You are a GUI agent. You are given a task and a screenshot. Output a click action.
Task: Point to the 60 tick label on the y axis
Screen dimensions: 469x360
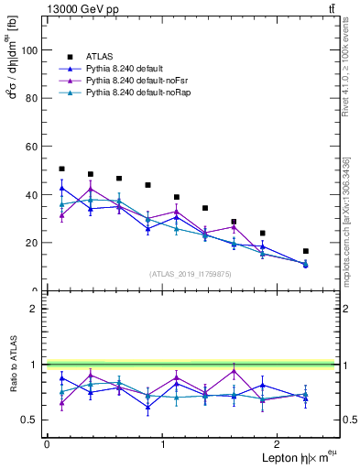(x=31, y=147)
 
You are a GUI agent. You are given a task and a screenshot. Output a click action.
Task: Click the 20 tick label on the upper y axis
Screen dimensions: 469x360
(x=31, y=243)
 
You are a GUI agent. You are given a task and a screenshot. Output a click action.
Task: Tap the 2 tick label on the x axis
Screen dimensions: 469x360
(x=279, y=443)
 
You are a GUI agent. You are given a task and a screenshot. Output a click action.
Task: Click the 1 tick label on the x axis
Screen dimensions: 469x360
(x=163, y=443)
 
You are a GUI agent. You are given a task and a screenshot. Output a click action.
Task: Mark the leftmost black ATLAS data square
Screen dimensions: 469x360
(x=61, y=169)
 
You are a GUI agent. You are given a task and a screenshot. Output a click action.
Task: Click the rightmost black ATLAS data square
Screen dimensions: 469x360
(x=305, y=251)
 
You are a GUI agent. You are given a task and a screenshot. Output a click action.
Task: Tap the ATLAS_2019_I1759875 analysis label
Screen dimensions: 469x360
(x=190, y=273)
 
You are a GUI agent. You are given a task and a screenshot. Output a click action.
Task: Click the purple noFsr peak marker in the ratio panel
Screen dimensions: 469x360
(x=235, y=371)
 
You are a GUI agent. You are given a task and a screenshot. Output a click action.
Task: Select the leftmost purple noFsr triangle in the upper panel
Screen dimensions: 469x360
(x=61, y=216)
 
